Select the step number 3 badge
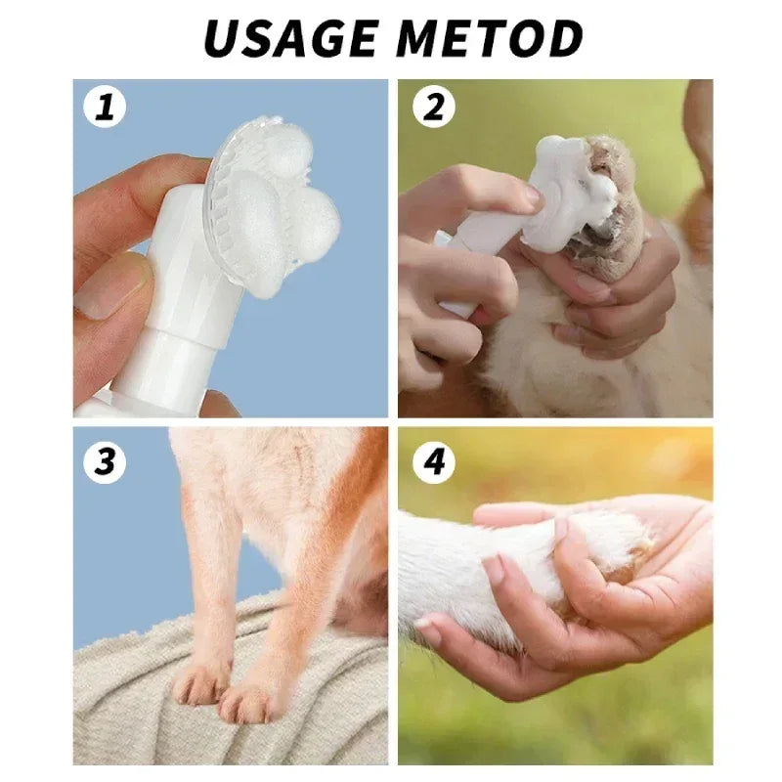[105, 459]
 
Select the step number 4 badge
[433, 459]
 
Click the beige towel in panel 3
[127, 704]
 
